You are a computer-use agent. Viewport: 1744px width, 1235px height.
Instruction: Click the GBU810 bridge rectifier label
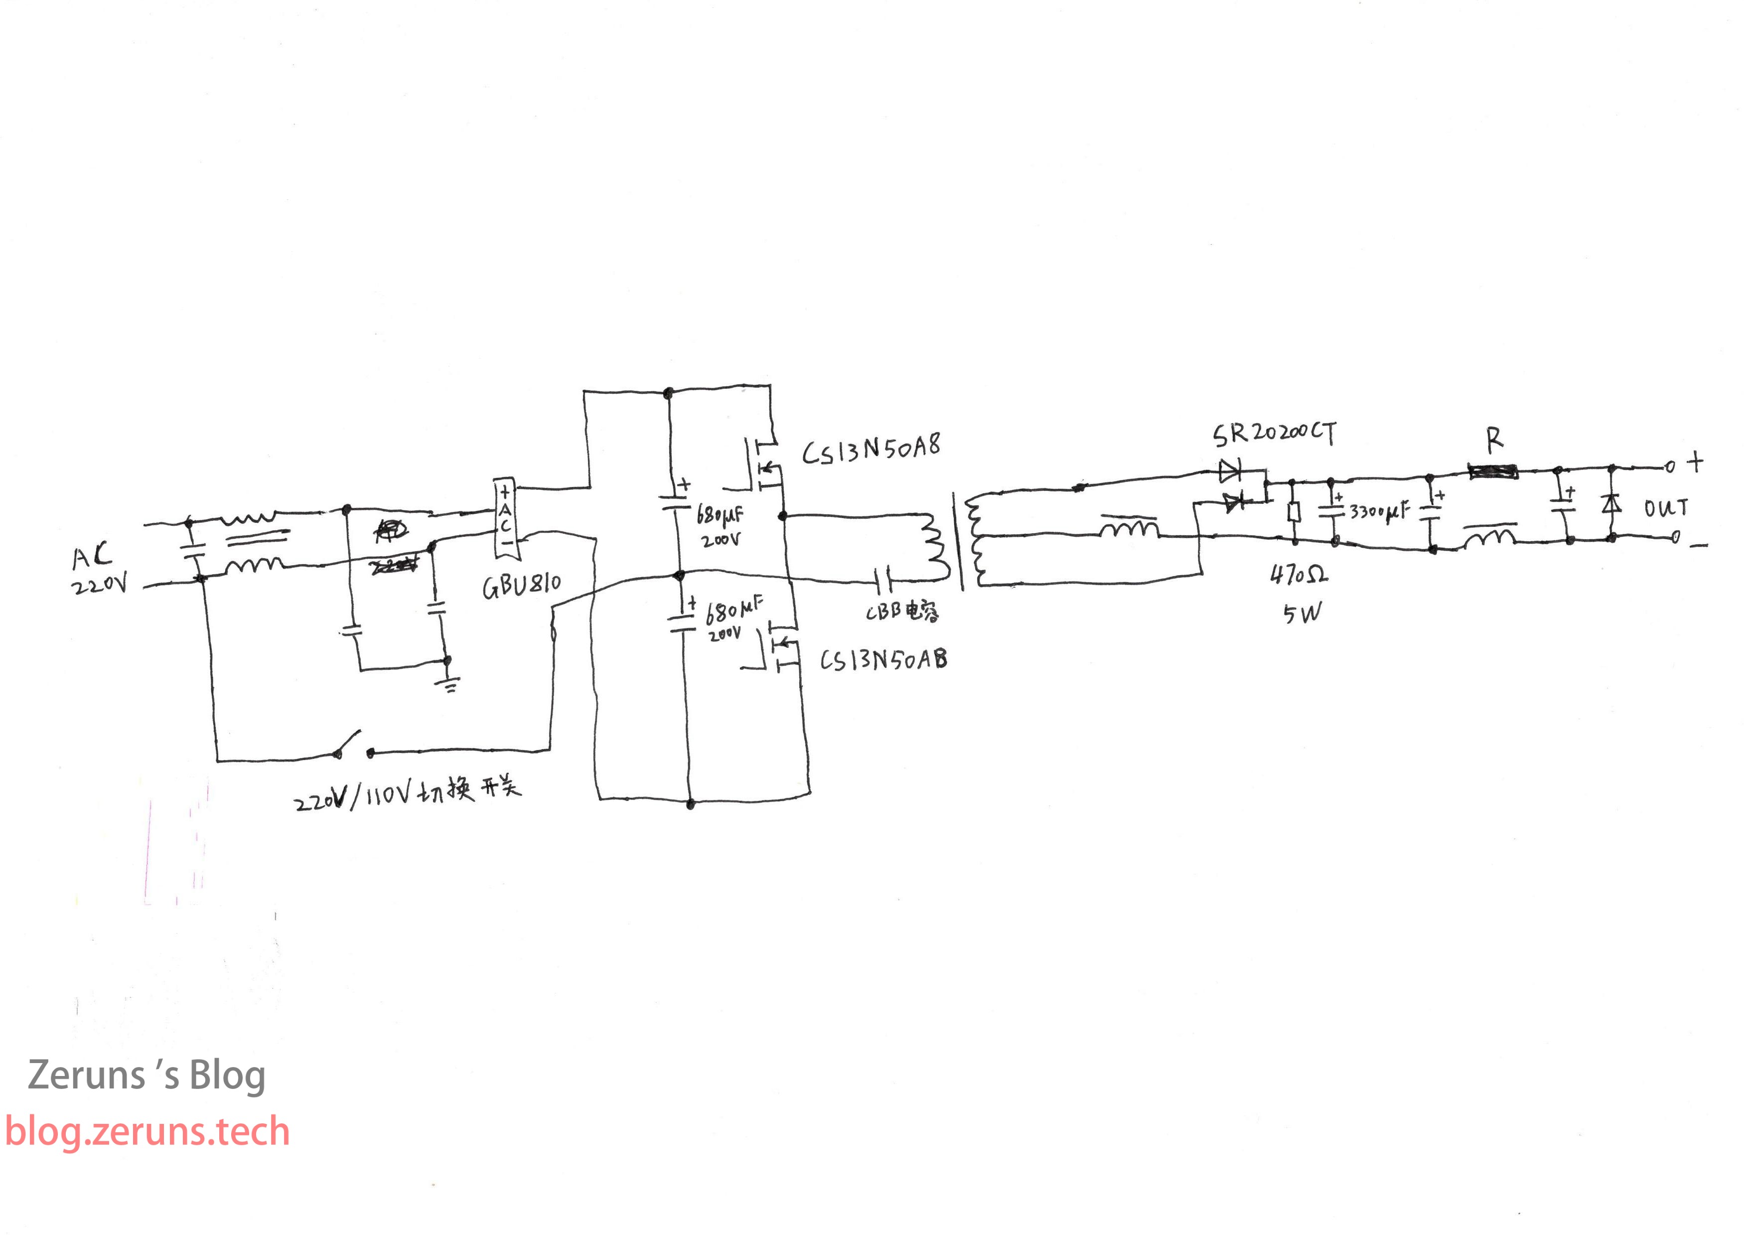point(522,586)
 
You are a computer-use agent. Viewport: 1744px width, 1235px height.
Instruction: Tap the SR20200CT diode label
point(1274,434)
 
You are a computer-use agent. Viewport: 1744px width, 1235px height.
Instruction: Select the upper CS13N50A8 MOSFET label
point(871,448)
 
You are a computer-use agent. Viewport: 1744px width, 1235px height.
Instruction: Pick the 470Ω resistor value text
point(1299,575)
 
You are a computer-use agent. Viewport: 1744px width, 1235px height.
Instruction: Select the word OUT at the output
point(1666,508)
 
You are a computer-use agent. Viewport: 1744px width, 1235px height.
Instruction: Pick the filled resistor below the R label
point(1493,472)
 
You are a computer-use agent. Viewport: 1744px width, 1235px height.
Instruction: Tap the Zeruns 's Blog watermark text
point(146,1076)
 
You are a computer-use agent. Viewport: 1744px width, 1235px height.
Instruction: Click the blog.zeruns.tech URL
point(147,1131)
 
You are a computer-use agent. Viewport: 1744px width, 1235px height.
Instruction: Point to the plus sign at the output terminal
point(1695,462)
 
